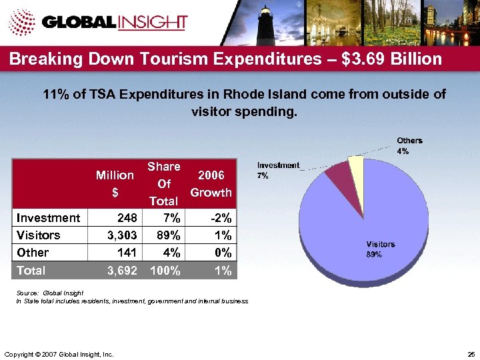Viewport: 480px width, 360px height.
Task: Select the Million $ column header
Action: pos(115,183)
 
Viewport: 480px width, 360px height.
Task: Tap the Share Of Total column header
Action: pos(163,183)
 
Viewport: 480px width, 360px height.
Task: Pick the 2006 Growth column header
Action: pos(211,183)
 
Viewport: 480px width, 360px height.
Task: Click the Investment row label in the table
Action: pos(48,218)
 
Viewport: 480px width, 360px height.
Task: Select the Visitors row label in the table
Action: pos(38,235)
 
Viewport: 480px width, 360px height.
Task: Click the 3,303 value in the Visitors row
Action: pos(122,235)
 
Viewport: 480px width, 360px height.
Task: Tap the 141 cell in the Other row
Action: pos(126,253)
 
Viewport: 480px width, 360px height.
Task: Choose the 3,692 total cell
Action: pos(122,271)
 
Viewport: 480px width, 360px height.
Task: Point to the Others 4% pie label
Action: pos(409,146)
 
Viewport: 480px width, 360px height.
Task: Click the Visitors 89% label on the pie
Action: pos(380,249)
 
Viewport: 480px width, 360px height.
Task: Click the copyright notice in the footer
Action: pos(59,353)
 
